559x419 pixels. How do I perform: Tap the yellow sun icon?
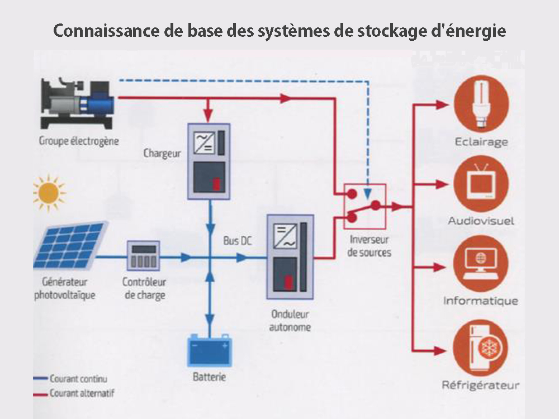coord(49,192)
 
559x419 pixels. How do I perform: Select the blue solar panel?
coord(70,244)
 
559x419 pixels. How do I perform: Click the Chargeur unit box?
coord(209,161)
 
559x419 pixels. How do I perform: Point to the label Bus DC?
coord(238,241)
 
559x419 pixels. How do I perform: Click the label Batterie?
coord(209,377)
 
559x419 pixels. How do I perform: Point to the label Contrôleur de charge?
coord(144,288)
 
